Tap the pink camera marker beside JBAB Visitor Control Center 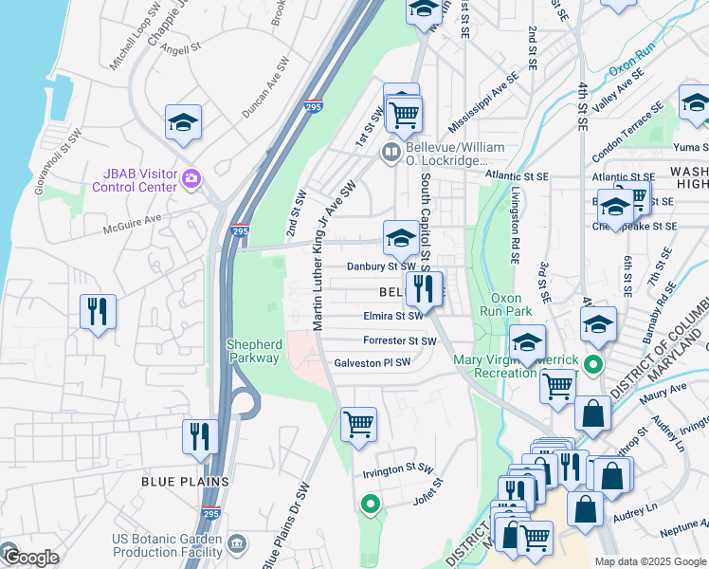click(x=191, y=178)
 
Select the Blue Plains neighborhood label click(x=185, y=482)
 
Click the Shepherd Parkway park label click(x=253, y=351)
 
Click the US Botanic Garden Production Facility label click(x=167, y=545)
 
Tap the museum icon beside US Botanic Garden click(x=236, y=543)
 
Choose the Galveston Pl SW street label click(x=372, y=362)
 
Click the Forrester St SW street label click(x=399, y=340)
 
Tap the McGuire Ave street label click(x=134, y=222)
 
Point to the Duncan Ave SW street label click(x=264, y=87)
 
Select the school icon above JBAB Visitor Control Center click(x=184, y=121)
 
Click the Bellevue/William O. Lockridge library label click(x=454, y=155)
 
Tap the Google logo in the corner click(x=30, y=558)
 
